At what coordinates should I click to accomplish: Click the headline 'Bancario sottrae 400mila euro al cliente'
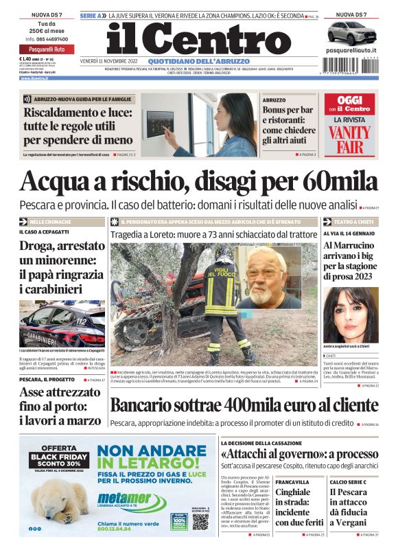[x=244, y=405]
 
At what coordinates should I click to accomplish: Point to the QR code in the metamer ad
[x=200, y=521]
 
